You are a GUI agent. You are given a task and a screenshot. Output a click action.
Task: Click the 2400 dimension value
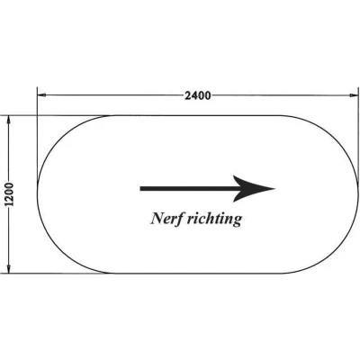198,95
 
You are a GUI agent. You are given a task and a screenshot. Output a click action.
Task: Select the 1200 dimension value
9,194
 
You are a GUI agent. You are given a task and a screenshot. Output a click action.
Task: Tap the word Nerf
166,219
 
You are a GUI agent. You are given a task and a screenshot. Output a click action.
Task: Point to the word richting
214,219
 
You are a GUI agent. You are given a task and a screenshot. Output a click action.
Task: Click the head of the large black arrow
255,189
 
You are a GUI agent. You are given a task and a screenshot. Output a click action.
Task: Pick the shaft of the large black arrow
190,189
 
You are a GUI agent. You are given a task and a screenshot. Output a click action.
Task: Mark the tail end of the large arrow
140,189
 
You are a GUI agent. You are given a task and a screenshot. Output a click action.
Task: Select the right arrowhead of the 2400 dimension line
355,95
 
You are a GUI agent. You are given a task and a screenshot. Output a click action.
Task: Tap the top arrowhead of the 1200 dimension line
9,120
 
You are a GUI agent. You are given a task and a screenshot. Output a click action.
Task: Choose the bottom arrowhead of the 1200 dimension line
9,269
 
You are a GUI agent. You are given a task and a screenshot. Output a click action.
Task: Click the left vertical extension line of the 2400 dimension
37,135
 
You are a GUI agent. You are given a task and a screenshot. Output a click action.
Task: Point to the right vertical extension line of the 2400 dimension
358,135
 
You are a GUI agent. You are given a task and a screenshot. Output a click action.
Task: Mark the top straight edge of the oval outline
198,115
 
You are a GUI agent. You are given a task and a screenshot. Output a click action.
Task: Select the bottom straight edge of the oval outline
198,274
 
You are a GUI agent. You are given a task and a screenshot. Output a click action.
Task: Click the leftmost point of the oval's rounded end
37,194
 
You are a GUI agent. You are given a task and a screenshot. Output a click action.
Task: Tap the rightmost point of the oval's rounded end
358,194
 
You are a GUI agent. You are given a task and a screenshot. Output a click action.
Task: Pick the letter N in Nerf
156,219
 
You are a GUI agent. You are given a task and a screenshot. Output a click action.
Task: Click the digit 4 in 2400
194,95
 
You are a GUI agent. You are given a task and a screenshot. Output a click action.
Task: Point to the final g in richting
237,221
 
